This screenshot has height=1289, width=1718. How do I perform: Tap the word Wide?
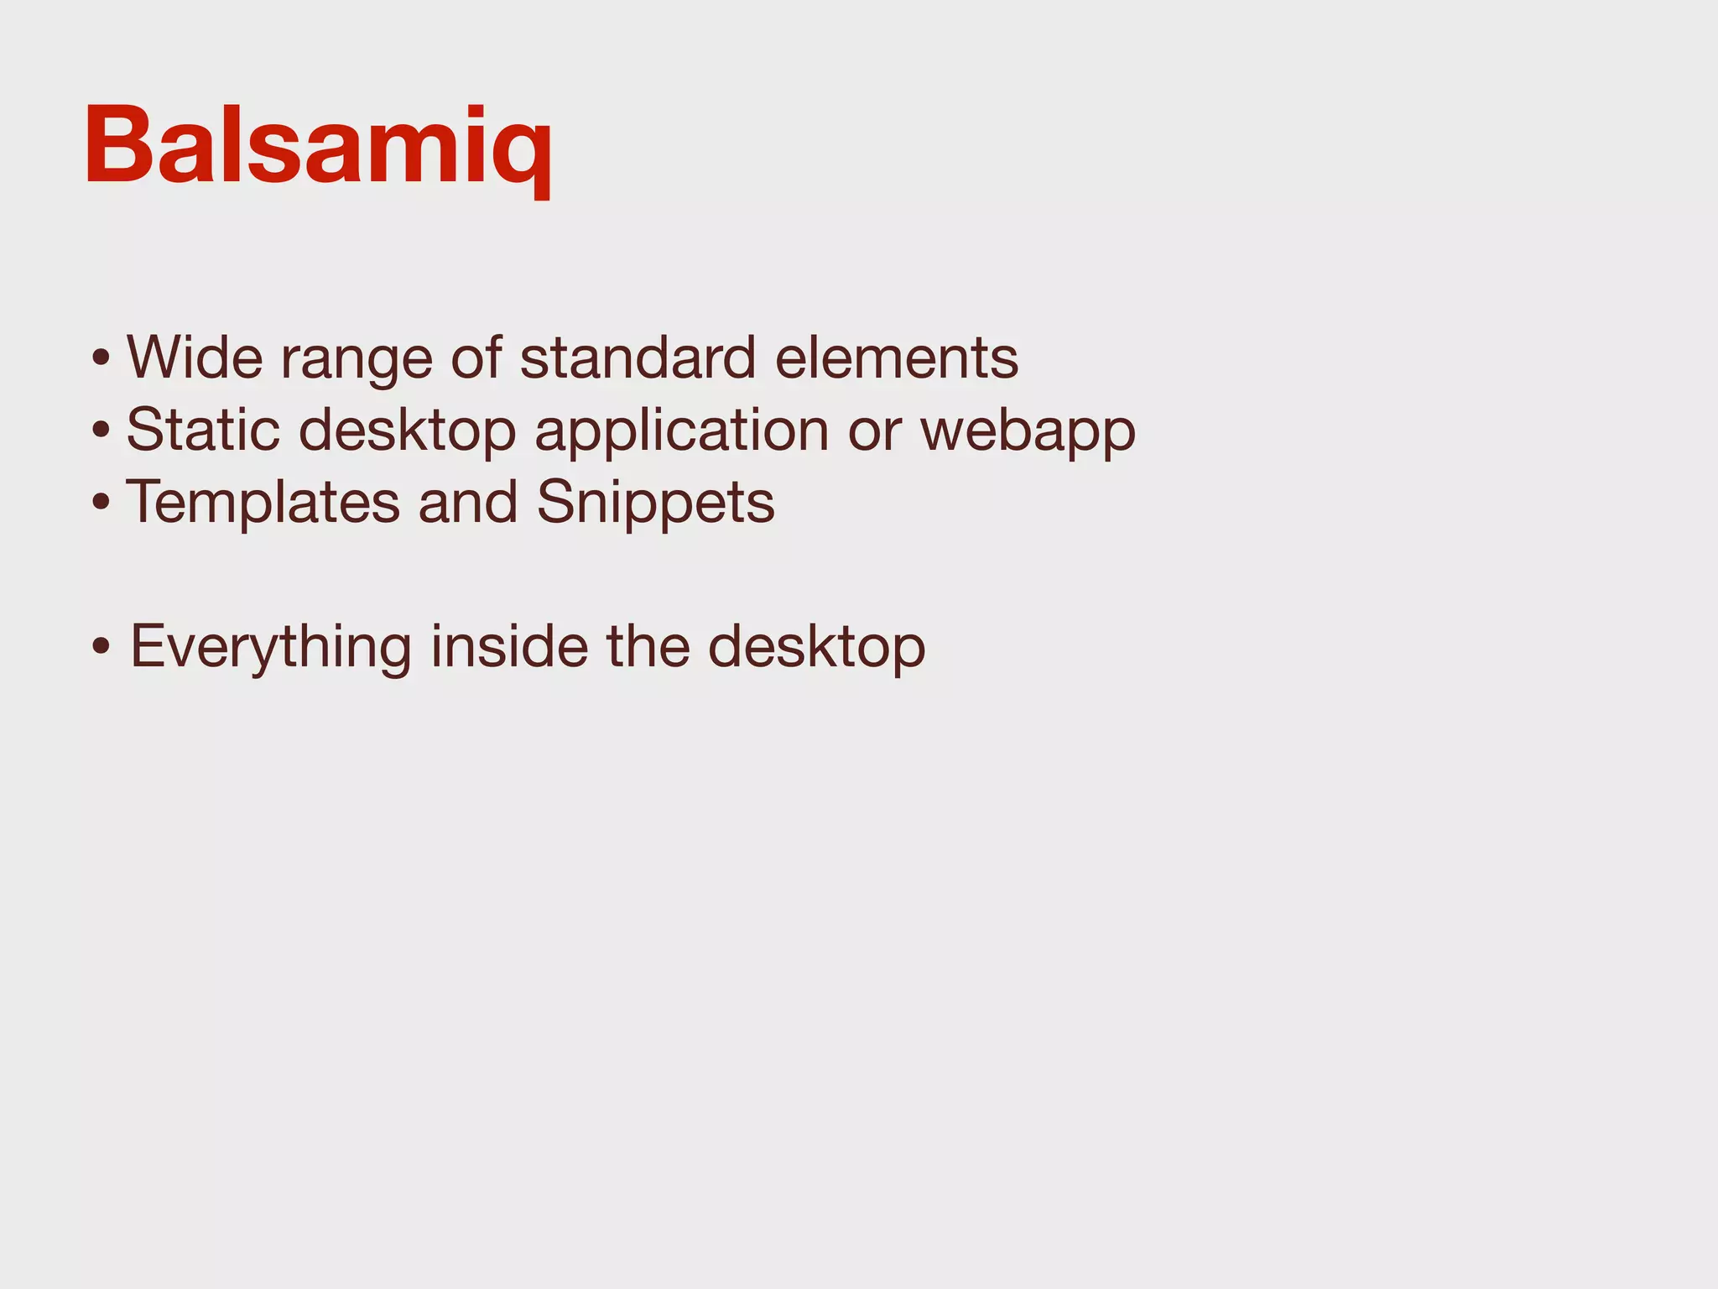click(195, 357)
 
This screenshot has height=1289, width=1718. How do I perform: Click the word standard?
click(638, 357)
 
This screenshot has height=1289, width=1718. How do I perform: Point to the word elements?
click(897, 357)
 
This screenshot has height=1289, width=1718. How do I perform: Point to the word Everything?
click(271, 648)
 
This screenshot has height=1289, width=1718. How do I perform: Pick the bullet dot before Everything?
click(102, 649)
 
